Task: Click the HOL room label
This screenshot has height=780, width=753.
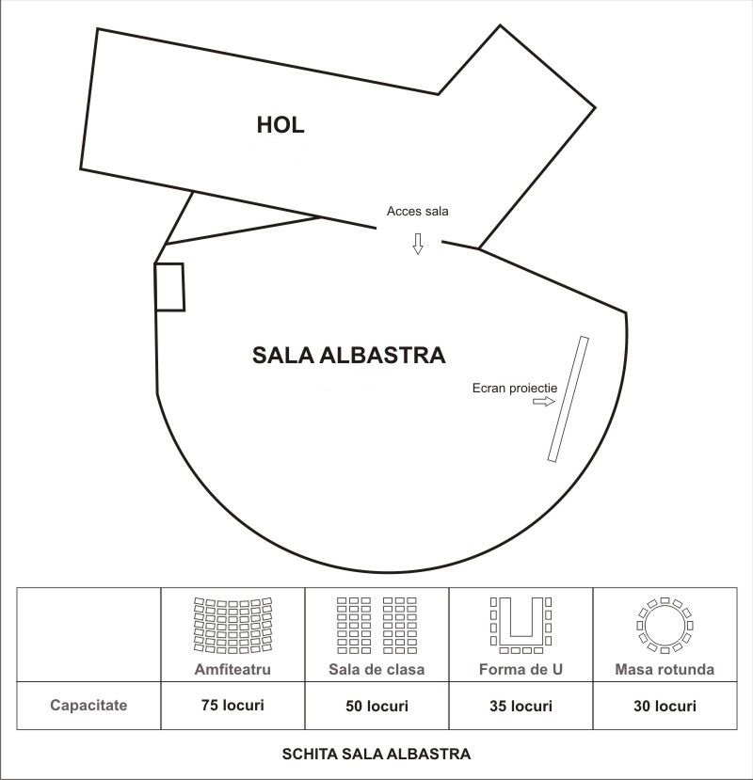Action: tap(280, 124)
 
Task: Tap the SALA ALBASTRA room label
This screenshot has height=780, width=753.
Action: tap(349, 355)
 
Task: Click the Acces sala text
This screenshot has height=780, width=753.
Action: tap(418, 211)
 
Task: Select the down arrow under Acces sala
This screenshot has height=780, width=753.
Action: tap(418, 244)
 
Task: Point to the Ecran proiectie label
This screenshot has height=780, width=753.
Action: tap(515, 388)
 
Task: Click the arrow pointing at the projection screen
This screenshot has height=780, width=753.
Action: tap(544, 402)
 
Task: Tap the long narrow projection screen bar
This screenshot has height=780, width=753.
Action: tap(569, 400)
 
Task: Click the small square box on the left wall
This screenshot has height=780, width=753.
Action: tap(169, 288)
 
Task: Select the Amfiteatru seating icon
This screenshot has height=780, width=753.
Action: tap(232, 626)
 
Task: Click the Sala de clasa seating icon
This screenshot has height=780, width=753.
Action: tap(376, 626)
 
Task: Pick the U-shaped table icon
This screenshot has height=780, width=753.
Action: tap(521, 626)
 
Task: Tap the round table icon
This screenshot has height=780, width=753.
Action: tap(665, 626)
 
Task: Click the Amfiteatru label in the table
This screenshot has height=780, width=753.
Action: tap(232, 669)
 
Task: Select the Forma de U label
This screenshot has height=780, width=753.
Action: tap(521, 669)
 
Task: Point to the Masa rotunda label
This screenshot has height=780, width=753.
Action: tap(665, 669)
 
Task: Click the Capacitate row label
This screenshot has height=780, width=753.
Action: tap(88, 706)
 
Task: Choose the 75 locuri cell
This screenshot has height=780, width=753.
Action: tap(232, 706)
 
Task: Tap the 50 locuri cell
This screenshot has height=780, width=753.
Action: tap(376, 706)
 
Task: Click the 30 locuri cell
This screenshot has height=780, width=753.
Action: tap(665, 706)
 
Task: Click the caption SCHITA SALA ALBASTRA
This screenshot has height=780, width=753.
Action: tap(376, 754)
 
